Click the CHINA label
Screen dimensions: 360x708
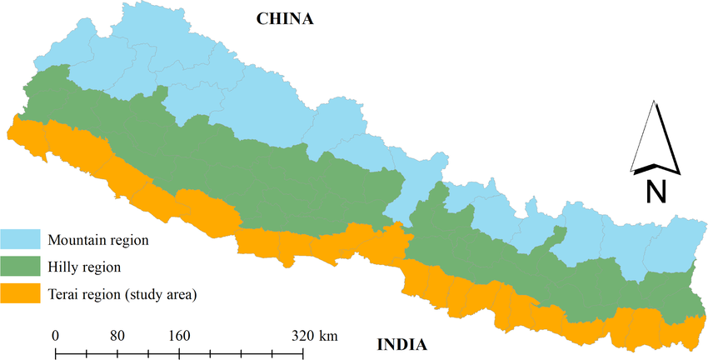(285, 18)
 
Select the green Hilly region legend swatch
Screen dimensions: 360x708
(21, 267)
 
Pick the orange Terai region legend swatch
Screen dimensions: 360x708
(21, 293)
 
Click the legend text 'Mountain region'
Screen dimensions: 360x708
(98, 241)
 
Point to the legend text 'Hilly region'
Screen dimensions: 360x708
(85, 267)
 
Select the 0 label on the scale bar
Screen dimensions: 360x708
(56, 336)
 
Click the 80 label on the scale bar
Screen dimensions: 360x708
(117, 336)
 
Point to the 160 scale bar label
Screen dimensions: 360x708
(179, 336)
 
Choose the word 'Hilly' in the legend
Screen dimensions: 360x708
(63, 267)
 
